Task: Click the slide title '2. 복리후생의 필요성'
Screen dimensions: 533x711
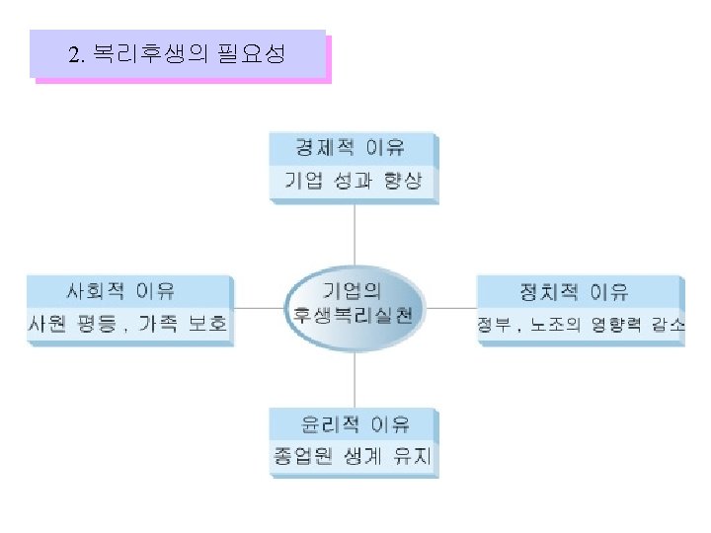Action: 178,53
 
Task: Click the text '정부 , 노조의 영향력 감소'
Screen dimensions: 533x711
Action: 581,325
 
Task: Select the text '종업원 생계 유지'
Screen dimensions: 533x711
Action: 353,457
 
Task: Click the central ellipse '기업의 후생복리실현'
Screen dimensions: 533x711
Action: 354,305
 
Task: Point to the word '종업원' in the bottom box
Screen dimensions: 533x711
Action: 300,457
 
